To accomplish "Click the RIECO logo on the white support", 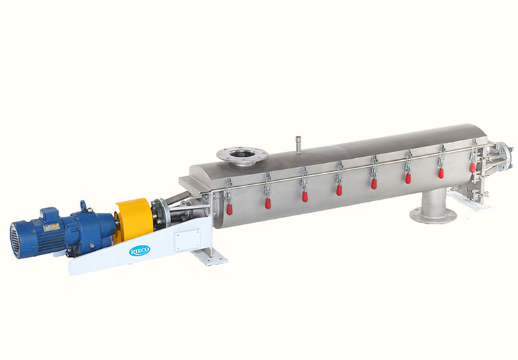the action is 140,250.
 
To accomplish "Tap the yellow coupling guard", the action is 134,219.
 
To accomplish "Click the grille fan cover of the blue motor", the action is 16,240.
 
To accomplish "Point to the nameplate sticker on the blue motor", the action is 52,228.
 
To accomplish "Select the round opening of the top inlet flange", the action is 242,153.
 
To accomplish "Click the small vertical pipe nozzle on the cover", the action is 299,144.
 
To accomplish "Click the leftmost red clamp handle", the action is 229,209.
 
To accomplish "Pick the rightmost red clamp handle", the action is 473,167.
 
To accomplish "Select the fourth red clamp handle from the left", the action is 339,190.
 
